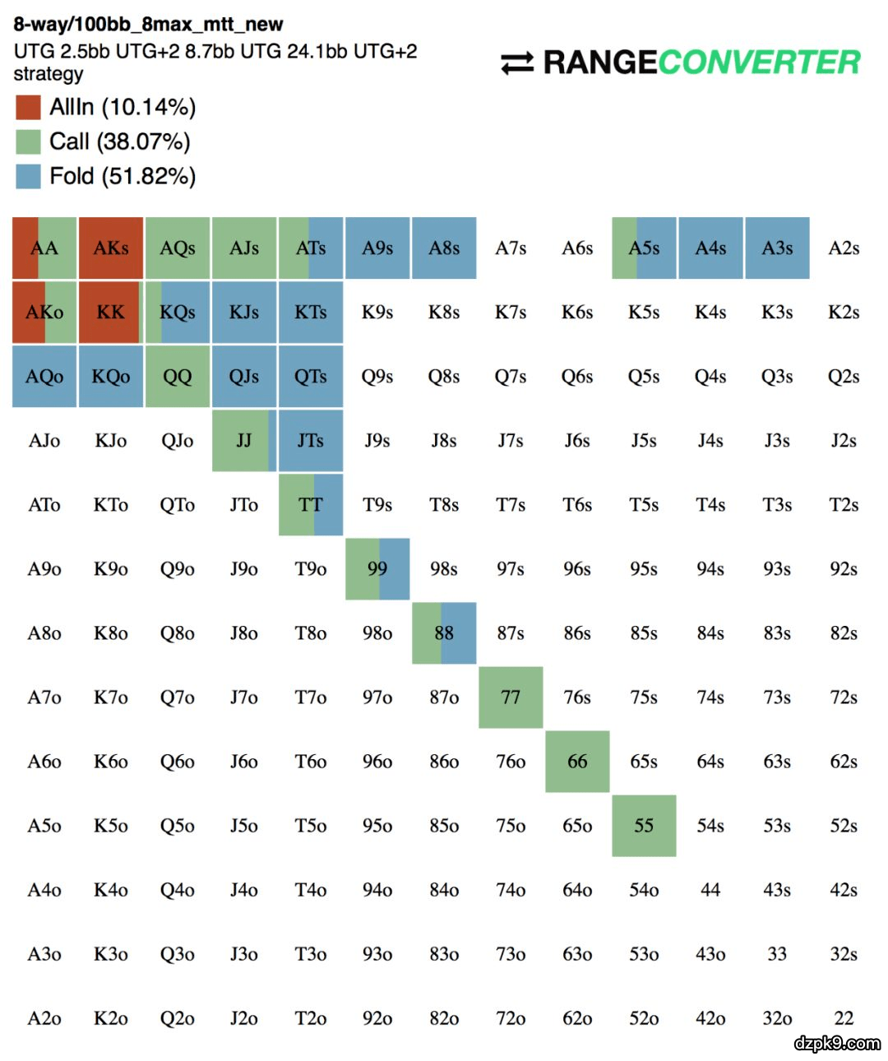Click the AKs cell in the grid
tap(111, 248)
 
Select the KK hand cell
tap(111, 313)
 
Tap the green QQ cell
tap(178, 377)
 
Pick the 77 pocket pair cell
tap(511, 697)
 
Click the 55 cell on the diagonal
tap(644, 826)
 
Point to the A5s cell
tap(644, 248)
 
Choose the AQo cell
tap(44, 377)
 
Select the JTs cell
tap(311, 441)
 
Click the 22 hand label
tap(844, 1018)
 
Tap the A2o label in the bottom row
tap(44, 1018)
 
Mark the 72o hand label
tap(511, 1018)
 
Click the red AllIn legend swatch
tap(28, 107)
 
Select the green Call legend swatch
tap(28, 141)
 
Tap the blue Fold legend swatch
tap(28, 176)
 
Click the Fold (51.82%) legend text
tap(123, 176)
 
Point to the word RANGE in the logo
tap(599, 63)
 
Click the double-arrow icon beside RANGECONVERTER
tap(517, 63)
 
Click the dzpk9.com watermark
tap(836, 1043)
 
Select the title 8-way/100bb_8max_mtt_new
tap(148, 25)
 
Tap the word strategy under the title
tap(49, 74)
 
